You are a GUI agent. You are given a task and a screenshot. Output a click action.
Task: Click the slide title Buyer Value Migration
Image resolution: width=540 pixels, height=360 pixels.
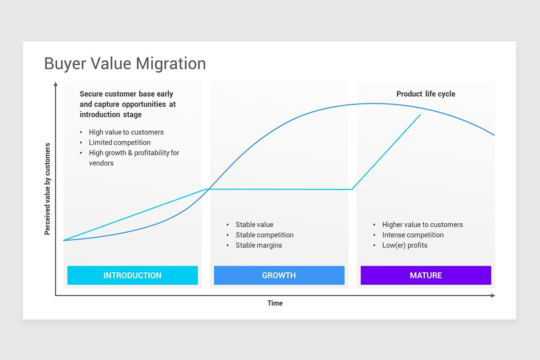coord(125,63)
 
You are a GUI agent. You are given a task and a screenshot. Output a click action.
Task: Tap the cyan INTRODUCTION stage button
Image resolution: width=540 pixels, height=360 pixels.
coord(132,275)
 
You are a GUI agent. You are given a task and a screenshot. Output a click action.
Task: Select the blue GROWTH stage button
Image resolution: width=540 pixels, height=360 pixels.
coord(279,275)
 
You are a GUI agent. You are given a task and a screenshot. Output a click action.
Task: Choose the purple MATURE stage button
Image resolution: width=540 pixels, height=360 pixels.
coord(426,275)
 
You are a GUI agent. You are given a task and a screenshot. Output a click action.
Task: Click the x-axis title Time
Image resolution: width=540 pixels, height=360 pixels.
coord(275,303)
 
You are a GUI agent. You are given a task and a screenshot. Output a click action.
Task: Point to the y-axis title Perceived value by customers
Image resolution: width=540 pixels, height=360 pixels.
coord(47,189)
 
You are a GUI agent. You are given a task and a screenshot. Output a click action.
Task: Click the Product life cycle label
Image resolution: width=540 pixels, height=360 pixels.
coord(426,94)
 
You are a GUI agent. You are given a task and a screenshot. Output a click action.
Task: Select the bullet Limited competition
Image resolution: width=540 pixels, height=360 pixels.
coord(120,143)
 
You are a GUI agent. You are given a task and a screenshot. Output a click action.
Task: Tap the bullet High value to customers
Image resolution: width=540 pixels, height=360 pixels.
coord(126,132)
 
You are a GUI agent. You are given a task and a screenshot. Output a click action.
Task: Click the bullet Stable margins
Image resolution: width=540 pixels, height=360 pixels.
coord(259,245)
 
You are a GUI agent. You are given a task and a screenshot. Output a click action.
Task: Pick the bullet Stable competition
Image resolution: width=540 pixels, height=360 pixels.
coord(265,235)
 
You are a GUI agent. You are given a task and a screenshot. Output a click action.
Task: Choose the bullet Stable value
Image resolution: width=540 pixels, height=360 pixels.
coord(254,225)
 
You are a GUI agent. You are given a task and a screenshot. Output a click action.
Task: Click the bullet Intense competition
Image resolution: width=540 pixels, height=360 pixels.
coord(413,235)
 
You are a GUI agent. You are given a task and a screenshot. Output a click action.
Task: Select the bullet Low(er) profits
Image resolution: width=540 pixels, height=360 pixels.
coord(405,245)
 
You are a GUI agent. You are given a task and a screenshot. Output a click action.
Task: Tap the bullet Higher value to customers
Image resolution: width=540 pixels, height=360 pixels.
coord(422,225)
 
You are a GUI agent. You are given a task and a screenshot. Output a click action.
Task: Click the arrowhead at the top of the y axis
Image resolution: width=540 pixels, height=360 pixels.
coord(55,84)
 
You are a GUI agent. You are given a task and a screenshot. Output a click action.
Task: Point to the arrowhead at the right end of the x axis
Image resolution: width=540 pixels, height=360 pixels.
coord(493,296)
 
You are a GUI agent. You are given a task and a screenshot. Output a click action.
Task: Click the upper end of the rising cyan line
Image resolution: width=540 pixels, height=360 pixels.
coord(420,115)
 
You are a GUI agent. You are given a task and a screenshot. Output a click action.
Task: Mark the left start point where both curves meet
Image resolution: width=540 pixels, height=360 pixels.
coord(63,240)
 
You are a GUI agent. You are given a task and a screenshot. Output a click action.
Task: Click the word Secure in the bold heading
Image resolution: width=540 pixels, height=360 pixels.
coord(92,94)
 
